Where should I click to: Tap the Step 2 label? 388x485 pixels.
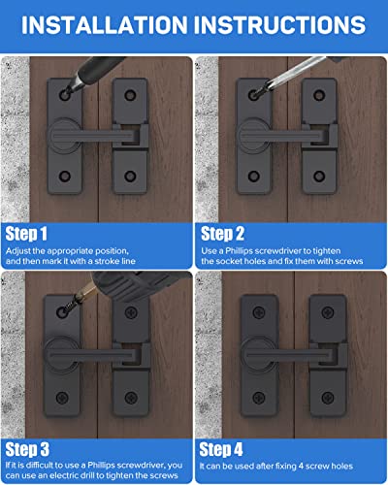(231, 234)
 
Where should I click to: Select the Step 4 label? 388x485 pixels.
(231, 448)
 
